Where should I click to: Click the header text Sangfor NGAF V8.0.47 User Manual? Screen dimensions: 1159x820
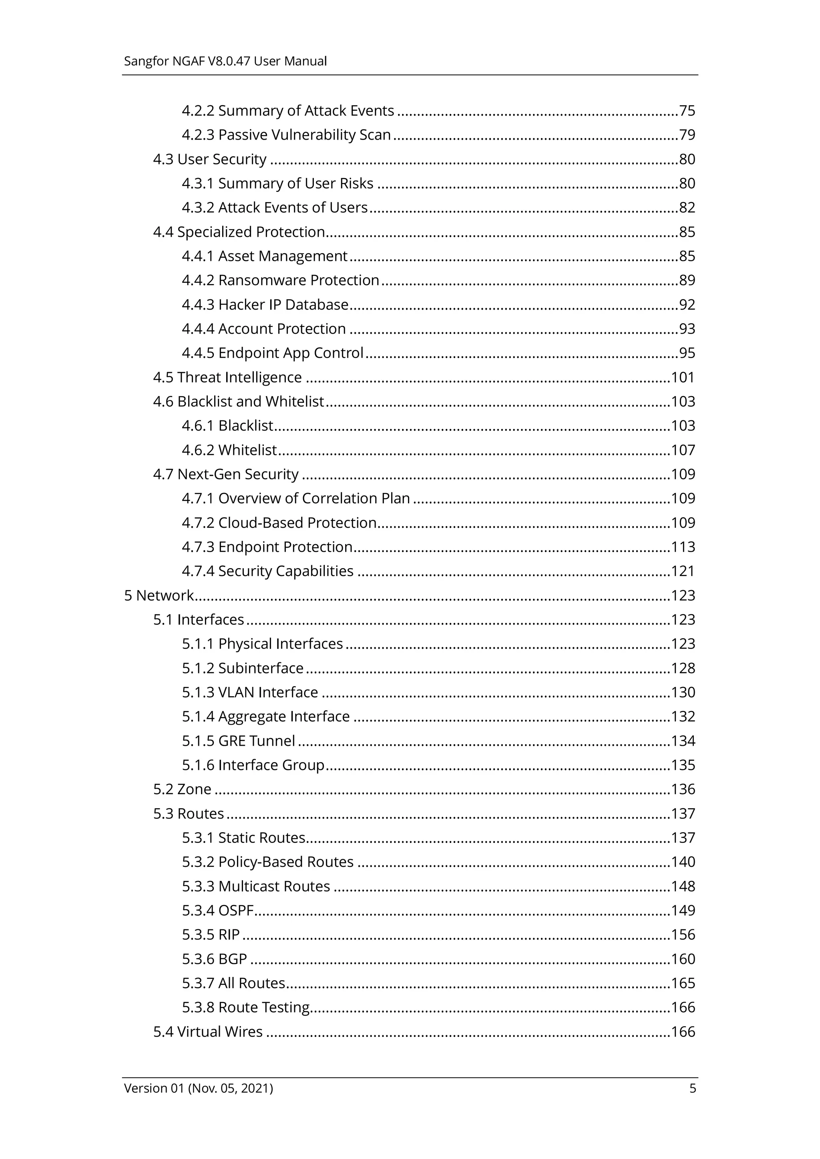tap(225, 61)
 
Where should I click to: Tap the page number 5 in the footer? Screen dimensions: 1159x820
tap(692, 1088)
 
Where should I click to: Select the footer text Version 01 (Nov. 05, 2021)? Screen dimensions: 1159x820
tap(199, 1088)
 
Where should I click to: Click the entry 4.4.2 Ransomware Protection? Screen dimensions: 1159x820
tap(280, 280)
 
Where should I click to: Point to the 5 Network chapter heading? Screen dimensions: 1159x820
tap(159, 595)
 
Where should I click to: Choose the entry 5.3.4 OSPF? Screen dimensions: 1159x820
tap(217, 910)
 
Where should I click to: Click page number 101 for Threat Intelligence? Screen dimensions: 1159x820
tap(683, 377)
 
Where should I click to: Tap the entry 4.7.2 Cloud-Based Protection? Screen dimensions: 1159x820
tap(279, 522)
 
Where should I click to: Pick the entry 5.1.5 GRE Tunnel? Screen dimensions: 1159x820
tap(239, 741)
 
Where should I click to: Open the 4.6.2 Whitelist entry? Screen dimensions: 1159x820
tap(229, 450)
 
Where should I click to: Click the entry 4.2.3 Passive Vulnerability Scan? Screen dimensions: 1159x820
tap(286, 135)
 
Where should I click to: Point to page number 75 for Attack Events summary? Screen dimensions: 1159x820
tap(687, 110)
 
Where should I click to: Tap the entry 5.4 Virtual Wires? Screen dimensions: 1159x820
tap(208, 1031)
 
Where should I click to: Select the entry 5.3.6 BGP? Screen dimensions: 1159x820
tap(214, 959)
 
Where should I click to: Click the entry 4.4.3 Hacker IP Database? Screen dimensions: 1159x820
tap(265, 304)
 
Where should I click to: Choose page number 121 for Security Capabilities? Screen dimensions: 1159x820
tap(683, 571)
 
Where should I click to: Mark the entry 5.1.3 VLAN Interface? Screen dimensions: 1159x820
tap(250, 692)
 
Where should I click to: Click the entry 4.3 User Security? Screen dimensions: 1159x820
tap(210, 159)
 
